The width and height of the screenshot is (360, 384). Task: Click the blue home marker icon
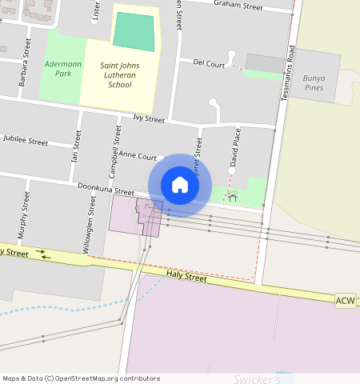point(180,185)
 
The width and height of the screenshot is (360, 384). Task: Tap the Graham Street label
point(238,6)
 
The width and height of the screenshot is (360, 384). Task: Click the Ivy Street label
point(149,120)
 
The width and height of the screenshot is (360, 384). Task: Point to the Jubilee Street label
point(26,141)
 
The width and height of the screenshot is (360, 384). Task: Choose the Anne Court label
point(137,157)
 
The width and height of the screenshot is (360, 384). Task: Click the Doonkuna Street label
point(106,190)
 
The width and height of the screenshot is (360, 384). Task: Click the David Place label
point(235,149)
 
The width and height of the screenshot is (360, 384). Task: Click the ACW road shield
point(346,300)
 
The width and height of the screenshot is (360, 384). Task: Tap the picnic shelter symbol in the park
point(233,194)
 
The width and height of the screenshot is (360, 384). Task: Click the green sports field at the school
point(134,32)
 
